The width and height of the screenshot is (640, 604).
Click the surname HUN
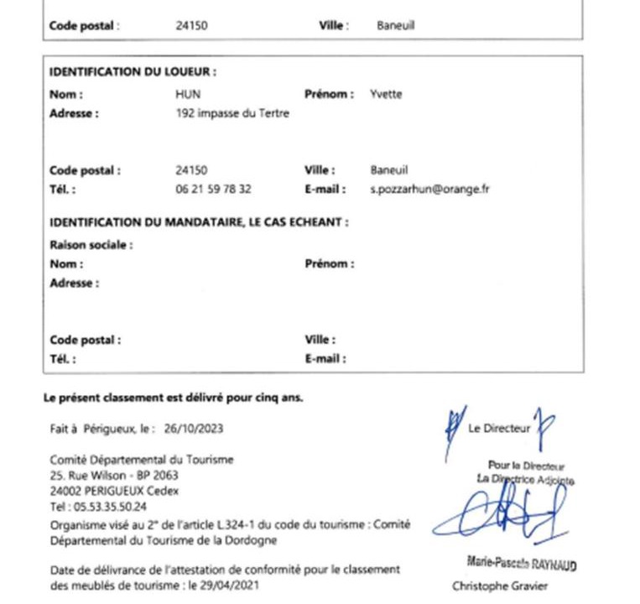[188, 95]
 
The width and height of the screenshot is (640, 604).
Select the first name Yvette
[386, 95]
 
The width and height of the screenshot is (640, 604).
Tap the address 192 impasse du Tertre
[232, 113]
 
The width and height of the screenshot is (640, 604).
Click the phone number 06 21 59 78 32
[213, 190]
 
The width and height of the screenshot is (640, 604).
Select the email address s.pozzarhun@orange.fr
[429, 190]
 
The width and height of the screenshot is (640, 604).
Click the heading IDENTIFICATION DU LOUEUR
[133, 72]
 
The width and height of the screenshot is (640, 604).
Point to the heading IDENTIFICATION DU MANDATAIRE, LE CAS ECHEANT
[199, 222]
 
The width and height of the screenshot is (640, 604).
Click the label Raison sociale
[91, 245]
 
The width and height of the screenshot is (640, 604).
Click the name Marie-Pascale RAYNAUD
[521, 564]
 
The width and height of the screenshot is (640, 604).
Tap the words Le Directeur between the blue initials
[499, 429]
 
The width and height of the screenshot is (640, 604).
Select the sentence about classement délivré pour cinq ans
[173, 398]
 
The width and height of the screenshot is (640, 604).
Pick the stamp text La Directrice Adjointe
[525, 479]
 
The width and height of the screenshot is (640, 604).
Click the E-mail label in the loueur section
[325, 190]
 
